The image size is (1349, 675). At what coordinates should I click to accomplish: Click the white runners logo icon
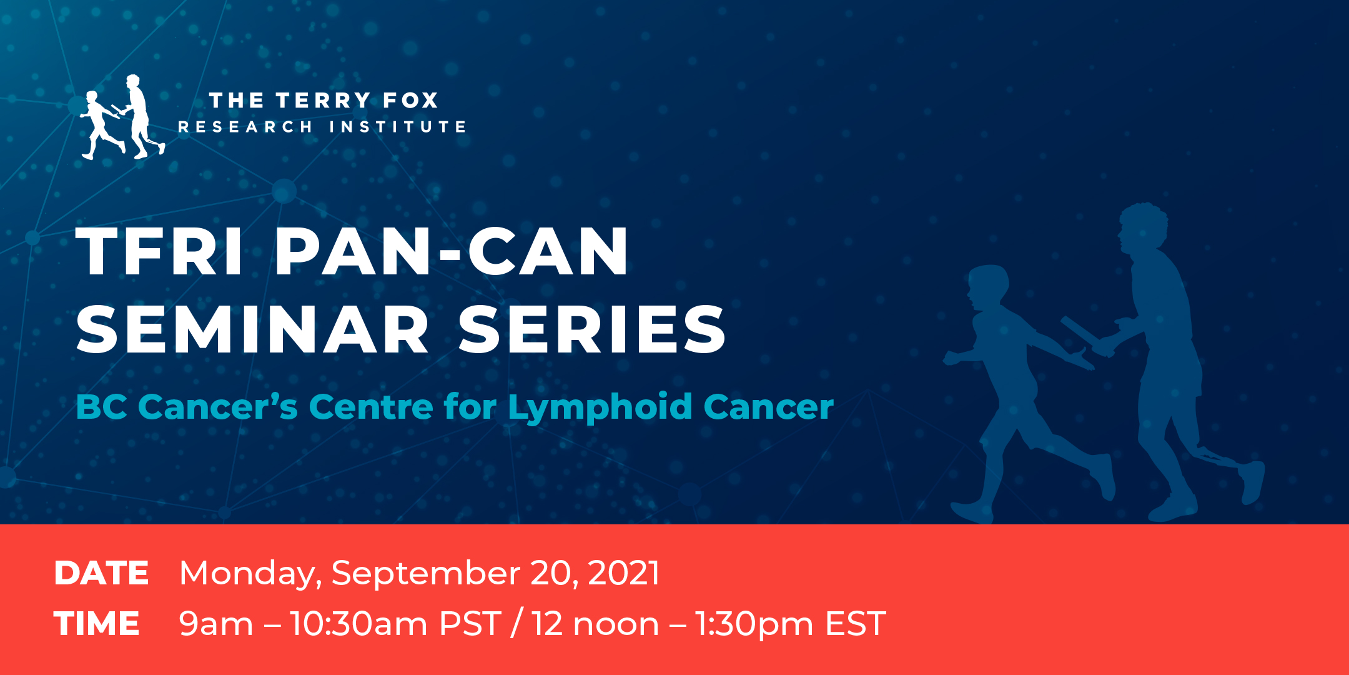pos(123,117)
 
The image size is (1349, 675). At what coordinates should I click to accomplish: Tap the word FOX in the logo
pos(410,100)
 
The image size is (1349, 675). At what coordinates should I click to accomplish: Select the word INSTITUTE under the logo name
pos(397,127)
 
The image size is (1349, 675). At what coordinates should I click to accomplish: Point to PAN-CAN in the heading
pos(452,251)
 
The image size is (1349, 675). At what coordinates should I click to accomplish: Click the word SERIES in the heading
pos(592,329)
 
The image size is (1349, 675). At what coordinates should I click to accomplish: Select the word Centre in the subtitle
pos(371,407)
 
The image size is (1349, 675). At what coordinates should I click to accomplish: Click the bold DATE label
pos(101,573)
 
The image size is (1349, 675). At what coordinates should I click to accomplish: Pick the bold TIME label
pos(97,624)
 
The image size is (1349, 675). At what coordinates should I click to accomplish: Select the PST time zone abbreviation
pos(470,624)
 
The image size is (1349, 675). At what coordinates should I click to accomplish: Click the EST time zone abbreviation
pos(856,624)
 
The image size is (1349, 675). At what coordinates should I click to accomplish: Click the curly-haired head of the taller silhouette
pos(1143,228)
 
